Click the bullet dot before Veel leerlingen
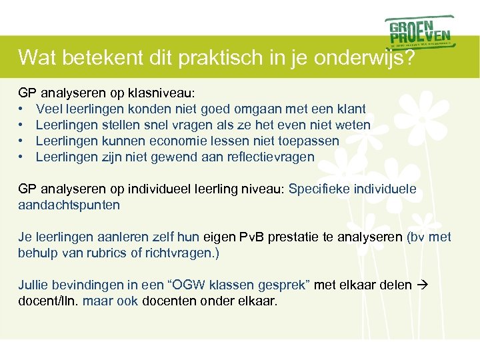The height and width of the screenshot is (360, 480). coord(22,109)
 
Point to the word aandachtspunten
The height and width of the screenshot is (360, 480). coord(69,205)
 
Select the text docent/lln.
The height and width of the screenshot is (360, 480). coord(47,301)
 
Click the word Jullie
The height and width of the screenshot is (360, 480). coord(33,285)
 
